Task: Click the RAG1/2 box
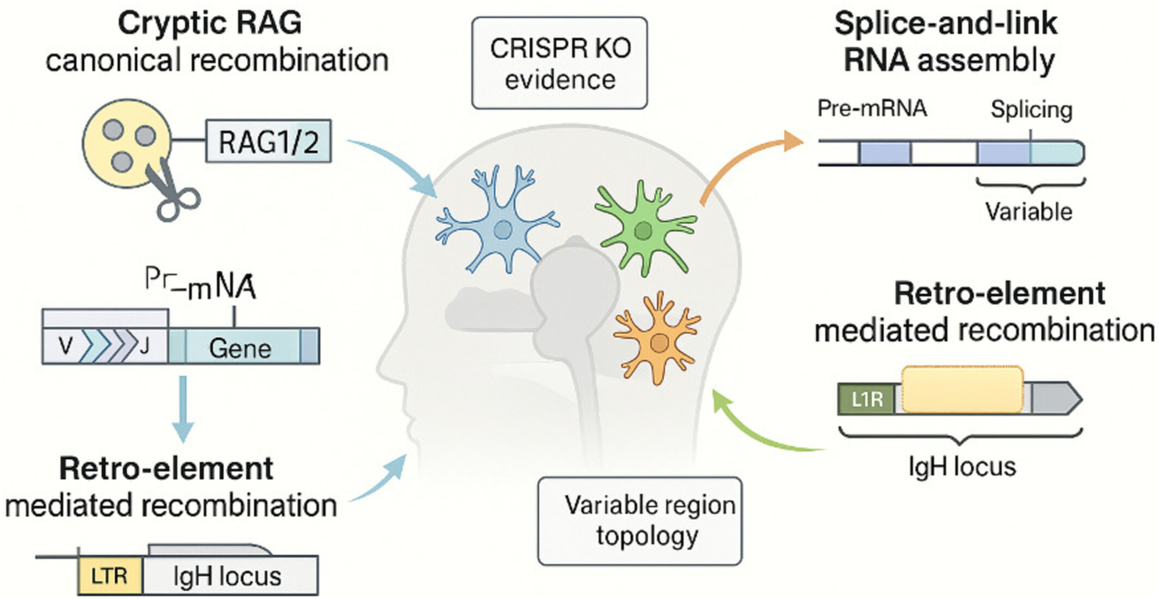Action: pos(268,142)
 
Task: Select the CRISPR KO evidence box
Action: pos(559,63)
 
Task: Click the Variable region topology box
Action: pos(640,521)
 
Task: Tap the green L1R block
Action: pos(866,399)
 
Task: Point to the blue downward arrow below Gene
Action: pos(183,408)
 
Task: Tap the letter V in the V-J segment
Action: pos(65,346)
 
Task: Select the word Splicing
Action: pos(1031,110)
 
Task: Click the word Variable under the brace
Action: pos(1028,211)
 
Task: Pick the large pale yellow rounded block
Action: pos(962,389)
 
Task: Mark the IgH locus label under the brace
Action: pos(962,467)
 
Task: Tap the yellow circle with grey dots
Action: pos(127,143)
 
